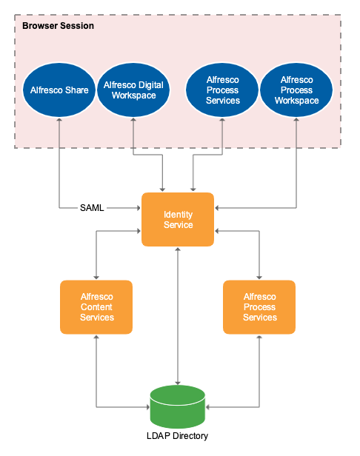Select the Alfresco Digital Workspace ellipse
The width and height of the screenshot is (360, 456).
pyautogui.click(x=134, y=90)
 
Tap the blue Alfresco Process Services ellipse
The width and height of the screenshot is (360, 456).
pyautogui.click(x=223, y=90)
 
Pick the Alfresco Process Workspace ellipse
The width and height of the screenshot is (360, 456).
pyautogui.click(x=296, y=90)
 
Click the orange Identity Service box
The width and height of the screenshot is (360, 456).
pyautogui.click(x=178, y=219)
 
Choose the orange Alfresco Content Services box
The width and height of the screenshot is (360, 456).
pyautogui.click(x=96, y=306)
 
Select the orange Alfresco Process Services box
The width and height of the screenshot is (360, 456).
pyautogui.click(x=259, y=306)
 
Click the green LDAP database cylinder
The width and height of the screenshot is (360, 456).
pyautogui.click(x=178, y=406)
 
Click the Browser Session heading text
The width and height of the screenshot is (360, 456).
pyautogui.click(x=58, y=26)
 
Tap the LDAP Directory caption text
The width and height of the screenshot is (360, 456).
pyautogui.click(x=178, y=436)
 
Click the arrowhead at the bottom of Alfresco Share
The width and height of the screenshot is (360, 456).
pyautogui.click(x=59, y=122)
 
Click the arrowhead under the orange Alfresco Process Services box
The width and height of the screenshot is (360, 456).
pyautogui.click(x=259, y=338)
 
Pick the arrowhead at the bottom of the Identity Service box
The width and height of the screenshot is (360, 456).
pyautogui.click(x=178, y=251)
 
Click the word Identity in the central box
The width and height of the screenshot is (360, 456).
pyautogui.click(x=178, y=214)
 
